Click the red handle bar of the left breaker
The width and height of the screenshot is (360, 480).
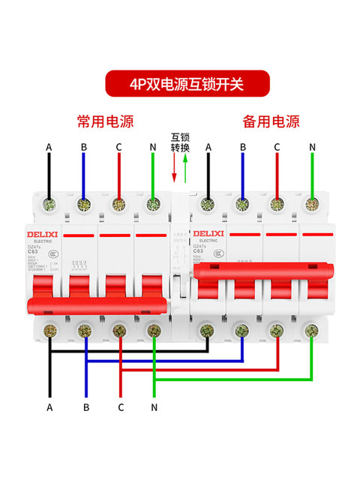pos(97,303)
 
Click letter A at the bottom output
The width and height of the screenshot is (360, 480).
pos(49,407)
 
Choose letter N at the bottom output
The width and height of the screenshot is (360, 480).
pos(154,407)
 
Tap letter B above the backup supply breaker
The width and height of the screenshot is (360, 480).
pos(242,147)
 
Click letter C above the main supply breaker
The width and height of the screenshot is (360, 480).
pos(118,147)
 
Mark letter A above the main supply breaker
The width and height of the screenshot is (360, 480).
pos(49,147)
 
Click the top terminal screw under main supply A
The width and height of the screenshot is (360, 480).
pos(49,202)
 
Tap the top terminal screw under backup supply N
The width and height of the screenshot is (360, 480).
pos(311,202)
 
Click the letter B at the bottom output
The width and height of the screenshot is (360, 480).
pos(86,407)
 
